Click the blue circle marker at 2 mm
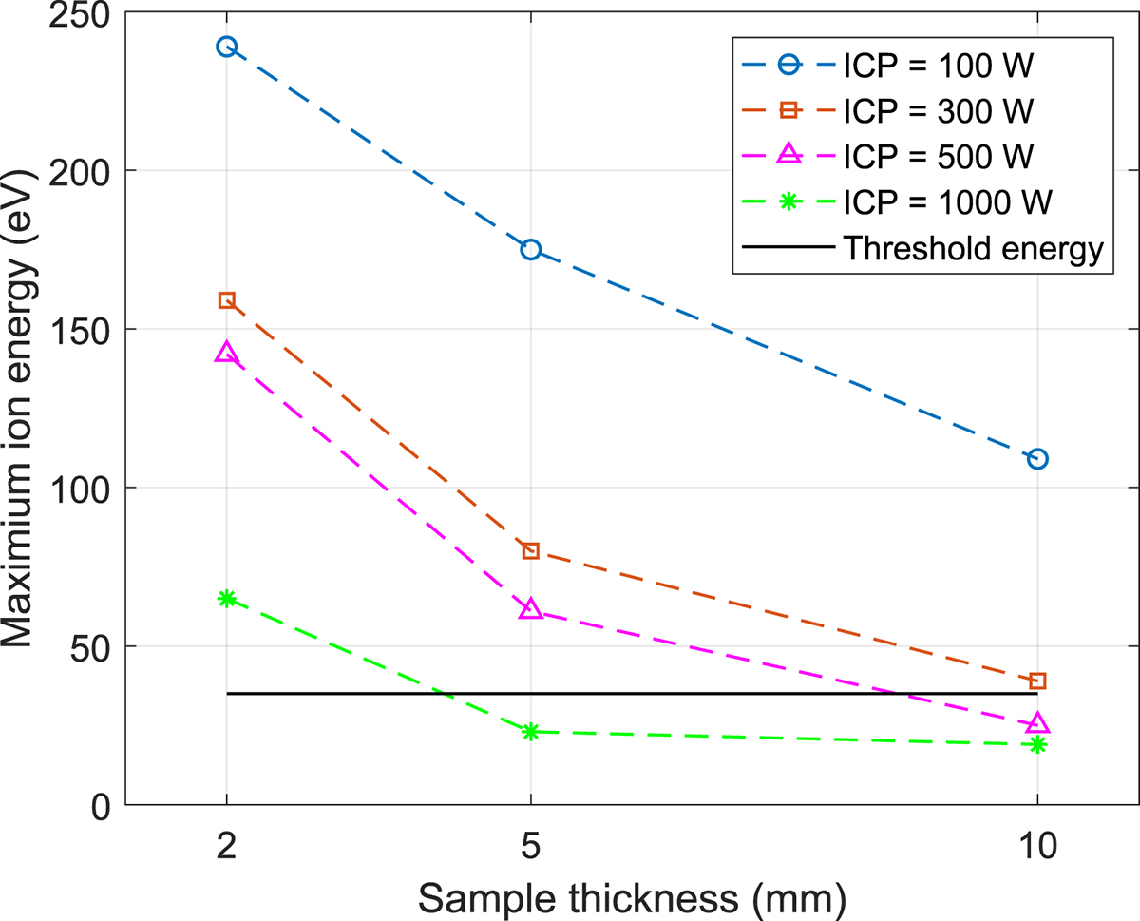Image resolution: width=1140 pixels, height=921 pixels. point(226,47)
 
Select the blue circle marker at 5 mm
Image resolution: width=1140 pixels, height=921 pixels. point(530,249)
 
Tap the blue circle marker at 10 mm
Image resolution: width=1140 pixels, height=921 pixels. point(1037,458)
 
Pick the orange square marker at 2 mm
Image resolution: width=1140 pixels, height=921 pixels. point(226,300)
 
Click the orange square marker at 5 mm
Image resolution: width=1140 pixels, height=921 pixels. point(530,551)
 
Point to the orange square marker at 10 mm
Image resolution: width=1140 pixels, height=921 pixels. point(1037,681)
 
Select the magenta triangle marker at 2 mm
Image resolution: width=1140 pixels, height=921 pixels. point(226,354)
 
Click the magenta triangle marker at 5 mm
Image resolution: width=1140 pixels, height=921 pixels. point(530,610)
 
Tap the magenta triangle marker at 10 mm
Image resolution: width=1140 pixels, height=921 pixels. point(1037,724)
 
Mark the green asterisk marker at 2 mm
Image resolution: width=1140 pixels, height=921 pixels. point(226,598)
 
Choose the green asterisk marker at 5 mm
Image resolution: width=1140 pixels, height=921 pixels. point(530,731)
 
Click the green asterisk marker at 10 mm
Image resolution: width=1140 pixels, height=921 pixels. point(1037,744)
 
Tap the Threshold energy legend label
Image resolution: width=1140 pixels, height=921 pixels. point(973,249)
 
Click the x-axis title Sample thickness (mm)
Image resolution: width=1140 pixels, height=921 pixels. point(632,895)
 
